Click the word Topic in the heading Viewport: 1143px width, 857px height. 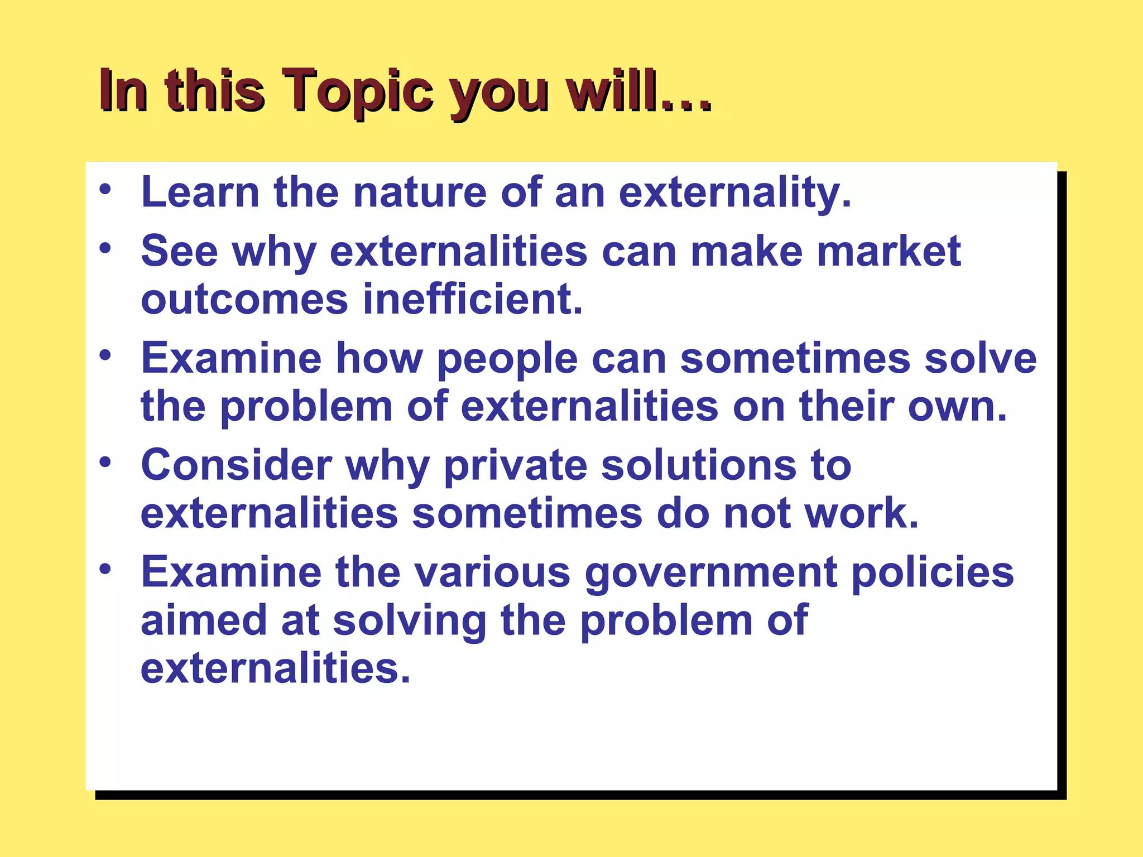click(357, 91)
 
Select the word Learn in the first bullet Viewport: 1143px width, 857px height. click(200, 192)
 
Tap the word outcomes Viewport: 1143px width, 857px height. click(244, 300)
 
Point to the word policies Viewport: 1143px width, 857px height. click(933, 572)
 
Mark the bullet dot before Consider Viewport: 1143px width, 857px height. click(105, 462)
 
